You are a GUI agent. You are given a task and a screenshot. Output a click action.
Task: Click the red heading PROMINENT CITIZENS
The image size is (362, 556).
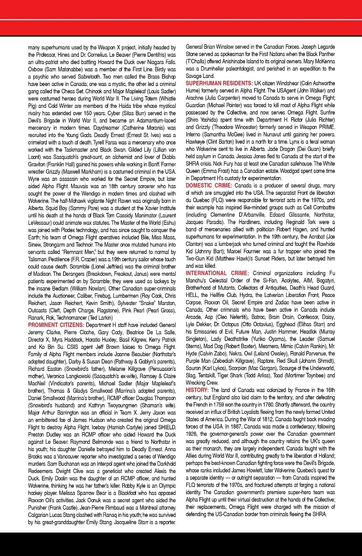56,325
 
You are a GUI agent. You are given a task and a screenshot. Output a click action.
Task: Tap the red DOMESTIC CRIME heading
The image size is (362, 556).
209,185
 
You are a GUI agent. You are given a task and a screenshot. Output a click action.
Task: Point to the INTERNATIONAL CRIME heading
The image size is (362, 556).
217,273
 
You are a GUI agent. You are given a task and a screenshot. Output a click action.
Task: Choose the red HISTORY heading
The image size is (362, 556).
197,390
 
